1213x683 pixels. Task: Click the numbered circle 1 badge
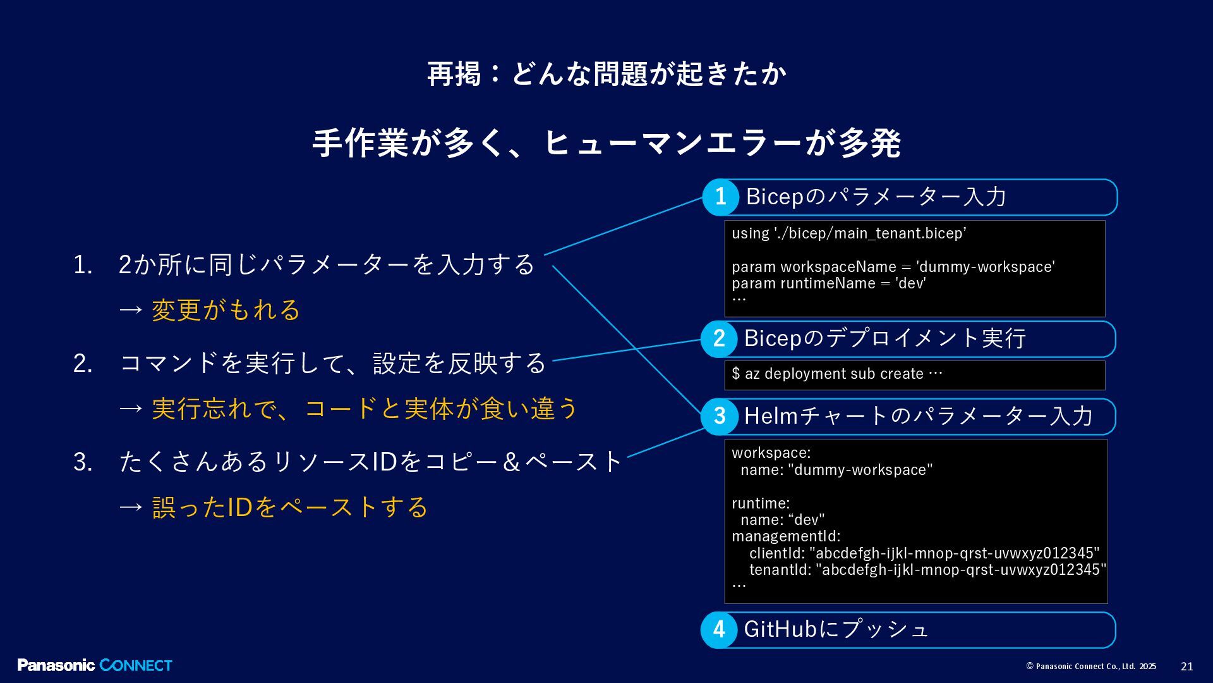coord(720,197)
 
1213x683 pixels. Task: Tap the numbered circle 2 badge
coord(719,339)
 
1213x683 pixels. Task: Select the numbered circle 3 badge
coord(720,416)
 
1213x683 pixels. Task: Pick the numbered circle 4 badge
coord(719,630)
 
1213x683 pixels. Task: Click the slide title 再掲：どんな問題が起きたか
coord(606,74)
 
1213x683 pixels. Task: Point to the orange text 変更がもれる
coord(226,310)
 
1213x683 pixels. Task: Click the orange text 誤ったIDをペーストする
coord(290,507)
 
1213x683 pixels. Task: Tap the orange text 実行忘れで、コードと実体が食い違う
coord(365,409)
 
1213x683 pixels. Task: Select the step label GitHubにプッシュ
coord(836,629)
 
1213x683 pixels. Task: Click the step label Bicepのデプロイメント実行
coord(884,338)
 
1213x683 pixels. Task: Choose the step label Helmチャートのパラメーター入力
coord(918,416)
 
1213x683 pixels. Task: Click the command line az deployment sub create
coord(836,374)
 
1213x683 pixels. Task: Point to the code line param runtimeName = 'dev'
coord(829,283)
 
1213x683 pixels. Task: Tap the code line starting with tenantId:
coord(927,570)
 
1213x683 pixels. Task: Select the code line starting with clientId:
coord(924,553)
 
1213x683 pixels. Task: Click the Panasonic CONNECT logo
coord(95,665)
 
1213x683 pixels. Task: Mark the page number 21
coord(1187,667)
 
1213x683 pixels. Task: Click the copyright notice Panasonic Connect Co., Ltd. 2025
coord(1091,667)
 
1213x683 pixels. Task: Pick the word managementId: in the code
coord(786,536)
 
